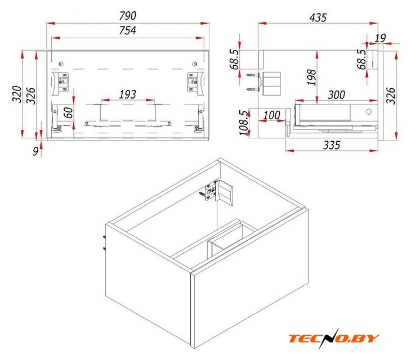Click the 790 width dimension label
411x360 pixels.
coord(128,16)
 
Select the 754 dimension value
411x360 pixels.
coord(128,30)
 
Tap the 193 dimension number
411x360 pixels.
coord(128,94)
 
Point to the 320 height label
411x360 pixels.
coord(17,94)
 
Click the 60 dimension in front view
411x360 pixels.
coord(69,112)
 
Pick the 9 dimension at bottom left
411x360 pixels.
coord(35,151)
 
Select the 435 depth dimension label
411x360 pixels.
coord(318,17)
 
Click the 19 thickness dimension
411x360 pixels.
coord(380,38)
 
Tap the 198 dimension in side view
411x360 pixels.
coord(312,77)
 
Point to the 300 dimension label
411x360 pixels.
coord(336,94)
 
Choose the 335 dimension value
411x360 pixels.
coord(332,145)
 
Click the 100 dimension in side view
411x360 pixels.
coord(272,115)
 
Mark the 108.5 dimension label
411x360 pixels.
coord(243,123)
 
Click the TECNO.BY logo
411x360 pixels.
coord(334,338)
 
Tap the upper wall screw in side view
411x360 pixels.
coord(253,75)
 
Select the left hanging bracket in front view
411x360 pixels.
coord(60,83)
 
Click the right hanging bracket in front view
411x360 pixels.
coord(195,83)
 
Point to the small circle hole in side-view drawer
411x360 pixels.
coord(369,112)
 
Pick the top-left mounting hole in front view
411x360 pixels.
coord(61,64)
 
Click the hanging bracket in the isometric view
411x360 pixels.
coord(220,193)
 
